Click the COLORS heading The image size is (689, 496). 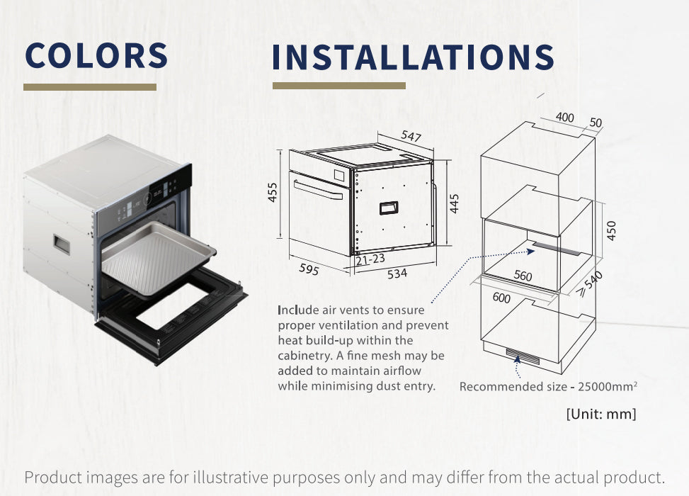point(96,55)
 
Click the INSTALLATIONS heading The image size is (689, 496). point(413,57)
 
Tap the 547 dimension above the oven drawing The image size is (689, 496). point(411,137)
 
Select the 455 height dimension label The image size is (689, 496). point(273,192)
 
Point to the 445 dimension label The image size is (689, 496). point(455,203)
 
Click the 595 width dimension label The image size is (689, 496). point(309,269)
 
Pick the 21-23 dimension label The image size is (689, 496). point(370,259)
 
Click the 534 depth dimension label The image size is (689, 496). point(397,274)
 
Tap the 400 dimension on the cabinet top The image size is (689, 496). point(564,117)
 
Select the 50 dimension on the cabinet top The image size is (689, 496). point(596,123)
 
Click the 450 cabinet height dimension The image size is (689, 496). point(611,231)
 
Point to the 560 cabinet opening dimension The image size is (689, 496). point(523,276)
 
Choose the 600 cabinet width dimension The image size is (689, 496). point(501,298)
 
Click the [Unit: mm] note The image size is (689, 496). point(601,414)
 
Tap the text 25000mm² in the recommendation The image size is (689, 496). point(608,386)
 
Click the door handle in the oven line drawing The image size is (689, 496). point(319,189)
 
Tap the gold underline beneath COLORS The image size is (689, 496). point(90,87)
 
